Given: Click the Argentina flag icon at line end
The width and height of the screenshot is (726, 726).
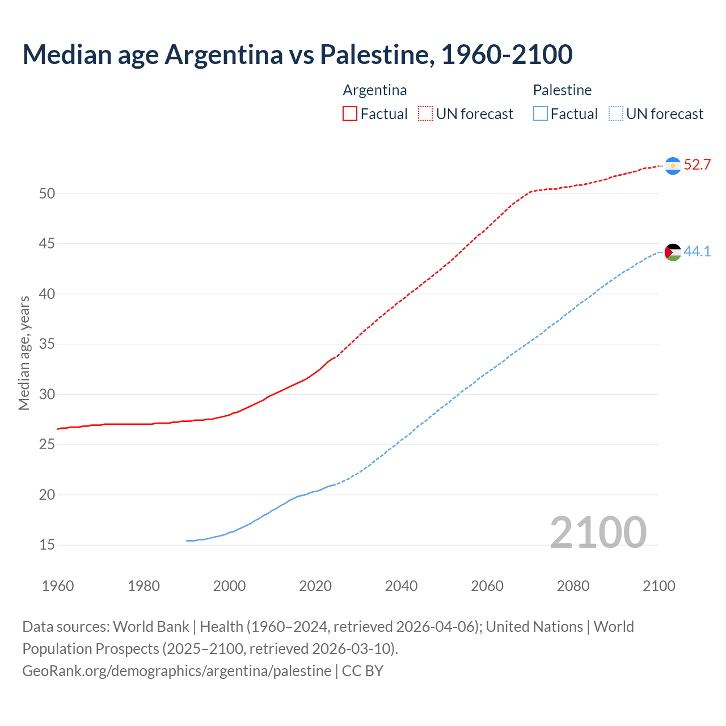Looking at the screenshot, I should coord(673,166).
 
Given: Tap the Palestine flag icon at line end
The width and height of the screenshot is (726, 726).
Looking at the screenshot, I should coord(673,252).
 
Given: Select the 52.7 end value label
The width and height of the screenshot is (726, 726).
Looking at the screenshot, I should coord(697,165).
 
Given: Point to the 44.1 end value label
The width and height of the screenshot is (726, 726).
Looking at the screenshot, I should coord(697,251).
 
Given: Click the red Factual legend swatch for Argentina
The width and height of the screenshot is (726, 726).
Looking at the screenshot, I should coord(350,114).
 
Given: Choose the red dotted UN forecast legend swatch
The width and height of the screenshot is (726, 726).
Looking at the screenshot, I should coord(425,114).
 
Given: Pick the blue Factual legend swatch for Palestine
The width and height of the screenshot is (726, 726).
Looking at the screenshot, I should coord(541,114).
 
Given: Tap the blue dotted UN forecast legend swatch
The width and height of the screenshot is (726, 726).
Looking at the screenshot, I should coord(616,114).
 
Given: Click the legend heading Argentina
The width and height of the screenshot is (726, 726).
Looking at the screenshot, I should coord(375,90).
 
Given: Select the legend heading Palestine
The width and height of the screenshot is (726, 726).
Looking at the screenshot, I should coord(562,90).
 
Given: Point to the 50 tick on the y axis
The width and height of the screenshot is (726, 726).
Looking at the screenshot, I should coord(47,193).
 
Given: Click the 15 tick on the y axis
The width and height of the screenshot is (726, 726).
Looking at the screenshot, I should coord(47,545).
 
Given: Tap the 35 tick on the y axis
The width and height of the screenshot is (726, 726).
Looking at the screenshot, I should coord(47,344).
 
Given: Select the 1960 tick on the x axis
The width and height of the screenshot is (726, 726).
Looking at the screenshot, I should coord(58,586).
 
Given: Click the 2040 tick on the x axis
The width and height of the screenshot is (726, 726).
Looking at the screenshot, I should coord(402,586).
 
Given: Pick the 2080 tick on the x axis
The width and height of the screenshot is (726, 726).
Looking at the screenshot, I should coord(573,586).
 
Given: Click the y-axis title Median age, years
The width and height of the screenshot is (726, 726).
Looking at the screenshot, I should coord(24,353).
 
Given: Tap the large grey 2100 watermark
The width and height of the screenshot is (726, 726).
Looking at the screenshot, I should coord(598,532).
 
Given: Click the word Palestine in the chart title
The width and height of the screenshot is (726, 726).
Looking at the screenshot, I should coord(374,54).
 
